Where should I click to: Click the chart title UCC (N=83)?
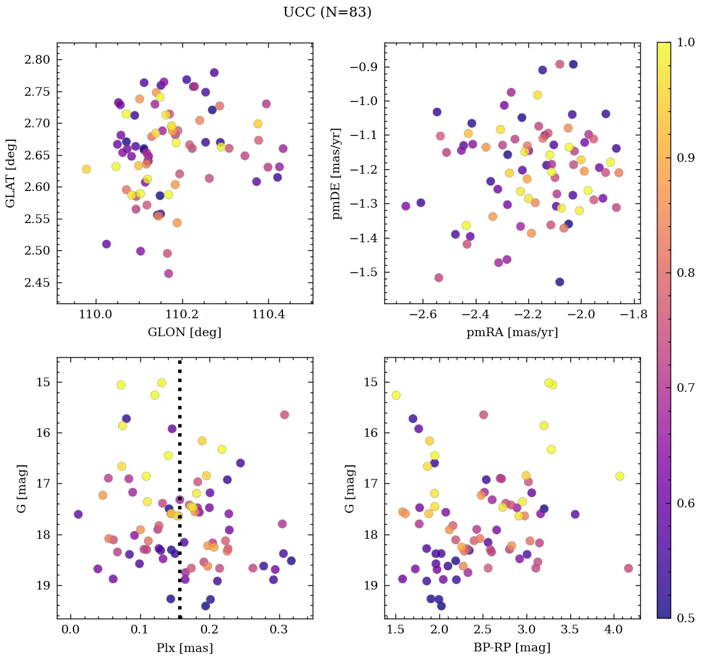click(327, 12)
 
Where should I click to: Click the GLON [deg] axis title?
click(184, 332)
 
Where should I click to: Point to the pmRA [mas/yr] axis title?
click(512, 332)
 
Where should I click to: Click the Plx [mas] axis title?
click(184, 648)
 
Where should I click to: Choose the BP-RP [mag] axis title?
click(512, 648)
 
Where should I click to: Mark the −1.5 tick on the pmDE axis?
click(365, 273)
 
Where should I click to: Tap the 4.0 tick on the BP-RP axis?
click(613, 631)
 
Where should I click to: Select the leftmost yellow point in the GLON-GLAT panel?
click(87, 169)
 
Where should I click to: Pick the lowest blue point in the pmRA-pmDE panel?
click(559, 282)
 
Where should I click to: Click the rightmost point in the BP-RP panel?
click(628, 568)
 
